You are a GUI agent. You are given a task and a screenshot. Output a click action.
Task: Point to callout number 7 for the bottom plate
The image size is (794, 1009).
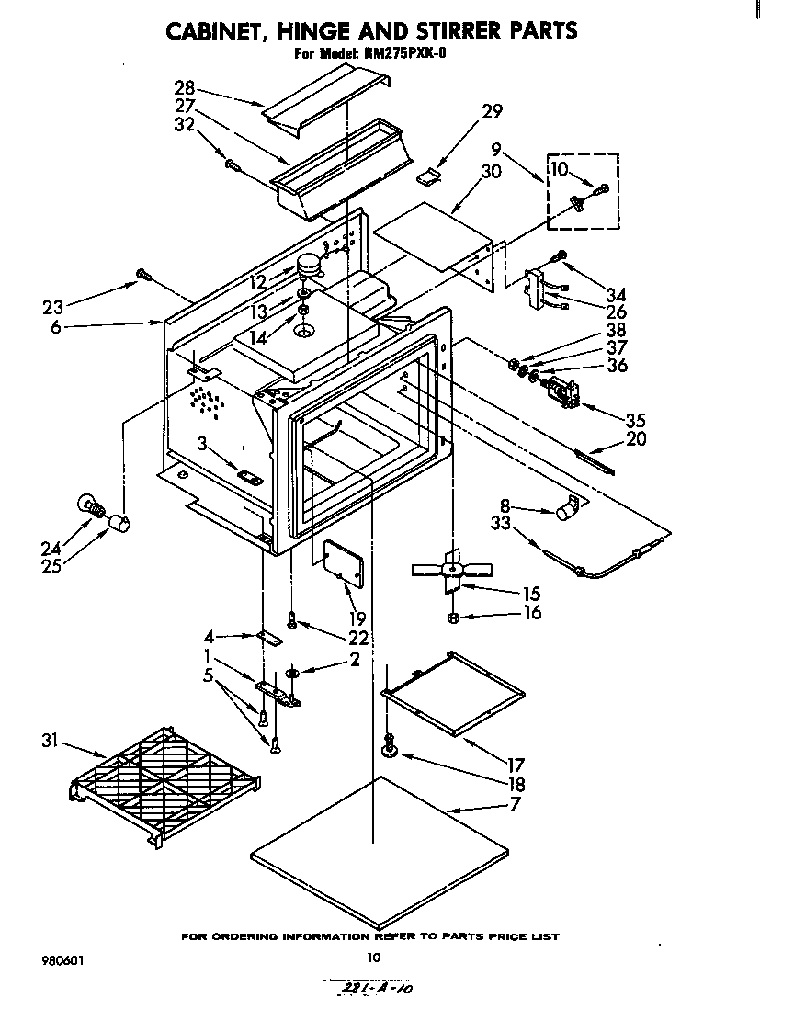(x=514, y=805)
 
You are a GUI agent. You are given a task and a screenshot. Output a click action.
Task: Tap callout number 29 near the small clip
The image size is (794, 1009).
(x=493, y=111)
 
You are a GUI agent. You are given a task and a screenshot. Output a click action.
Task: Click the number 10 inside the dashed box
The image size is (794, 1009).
(x=560, y=168)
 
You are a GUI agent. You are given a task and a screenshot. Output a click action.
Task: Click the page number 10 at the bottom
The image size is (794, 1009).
(x=373, y=957)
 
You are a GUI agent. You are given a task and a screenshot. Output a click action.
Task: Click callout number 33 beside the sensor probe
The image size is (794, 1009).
(x=500, y=525)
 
